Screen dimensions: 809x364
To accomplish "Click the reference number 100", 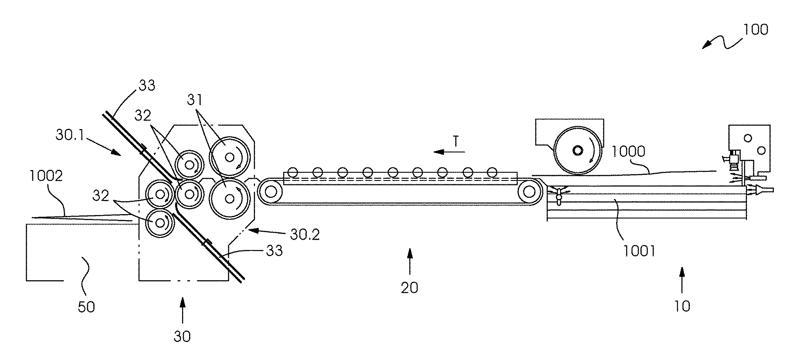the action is point(755,30).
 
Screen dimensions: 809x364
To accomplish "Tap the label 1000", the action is point(628,152).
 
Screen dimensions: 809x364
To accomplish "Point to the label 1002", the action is point(46,176).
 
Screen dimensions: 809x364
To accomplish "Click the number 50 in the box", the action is point(86,307).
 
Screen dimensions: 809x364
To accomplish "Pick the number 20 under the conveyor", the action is point(409,288).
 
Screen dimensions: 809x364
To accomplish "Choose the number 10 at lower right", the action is point(682,306).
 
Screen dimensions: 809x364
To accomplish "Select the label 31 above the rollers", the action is point(195,100).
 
